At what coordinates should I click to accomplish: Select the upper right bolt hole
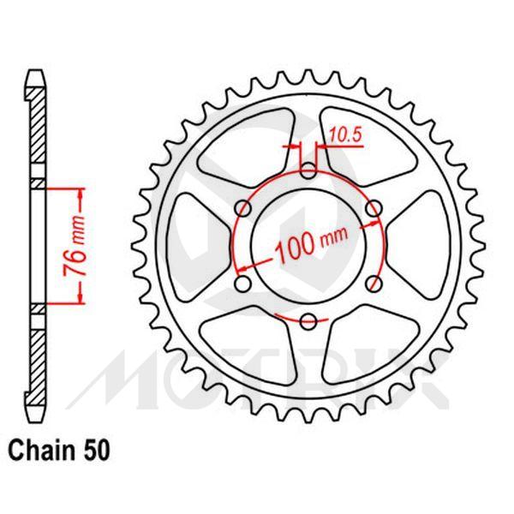click(374, 206)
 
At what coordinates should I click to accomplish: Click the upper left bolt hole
click(242, 206)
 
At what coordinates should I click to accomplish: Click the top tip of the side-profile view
click(34, 73)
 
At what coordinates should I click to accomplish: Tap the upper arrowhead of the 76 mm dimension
click(81, 191)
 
